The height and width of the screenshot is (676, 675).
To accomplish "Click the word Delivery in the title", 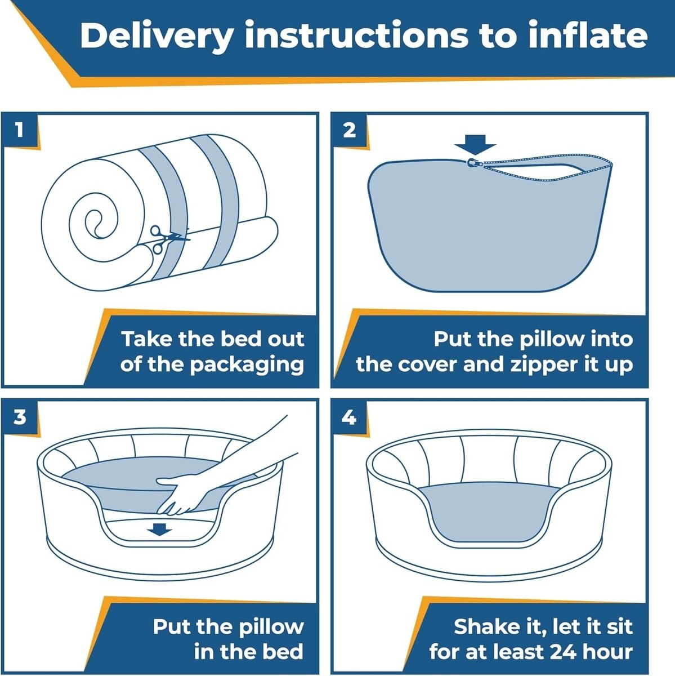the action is pos(157,37).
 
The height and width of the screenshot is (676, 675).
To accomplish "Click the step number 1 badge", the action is pos(19,131).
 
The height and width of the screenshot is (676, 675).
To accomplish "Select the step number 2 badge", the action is pos(350,131).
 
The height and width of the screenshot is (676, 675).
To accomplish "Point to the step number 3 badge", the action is pos(19,417).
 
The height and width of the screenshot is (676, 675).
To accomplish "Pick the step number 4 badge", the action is pos(350,417).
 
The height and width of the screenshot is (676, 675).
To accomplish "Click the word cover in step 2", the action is pos(428,364).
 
